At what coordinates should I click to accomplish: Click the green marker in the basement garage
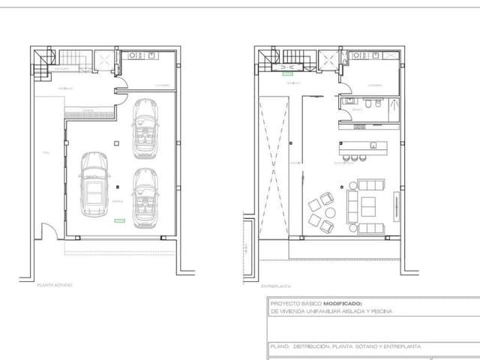pos(118,221)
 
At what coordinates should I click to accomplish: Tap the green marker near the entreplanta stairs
pos(286,73)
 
